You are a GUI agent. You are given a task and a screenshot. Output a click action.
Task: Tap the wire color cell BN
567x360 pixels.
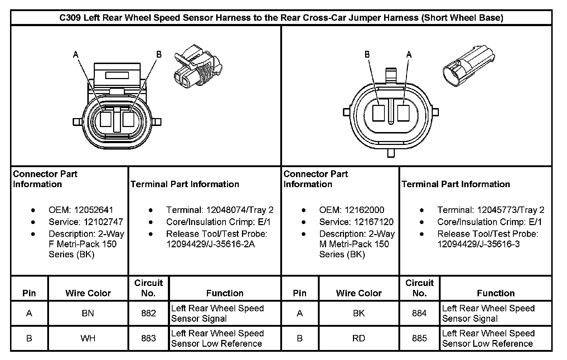(x=88, y=313)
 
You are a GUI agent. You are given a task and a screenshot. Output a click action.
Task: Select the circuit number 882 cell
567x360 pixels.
(x=148, y=313)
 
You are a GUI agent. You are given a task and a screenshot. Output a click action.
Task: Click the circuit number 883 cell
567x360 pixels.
(x=148, y=339)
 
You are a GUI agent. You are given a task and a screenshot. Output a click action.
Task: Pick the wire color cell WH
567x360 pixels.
(x=88, y=339)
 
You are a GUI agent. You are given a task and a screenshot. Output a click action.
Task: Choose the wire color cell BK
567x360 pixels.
(x=359, y=313)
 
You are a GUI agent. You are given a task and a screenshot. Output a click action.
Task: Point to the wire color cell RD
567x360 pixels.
(x=359, y=339)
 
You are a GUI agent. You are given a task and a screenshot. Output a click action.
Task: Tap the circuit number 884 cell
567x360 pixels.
(x=419, y=313)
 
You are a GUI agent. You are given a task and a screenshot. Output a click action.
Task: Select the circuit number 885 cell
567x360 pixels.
(x=419, y=339)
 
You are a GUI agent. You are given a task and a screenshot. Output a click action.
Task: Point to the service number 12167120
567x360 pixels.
(x=374, y=222)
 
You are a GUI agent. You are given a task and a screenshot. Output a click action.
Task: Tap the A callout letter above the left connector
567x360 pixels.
(x=76, y=54)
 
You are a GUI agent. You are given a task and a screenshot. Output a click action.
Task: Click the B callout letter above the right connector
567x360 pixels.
(x=367, y=54)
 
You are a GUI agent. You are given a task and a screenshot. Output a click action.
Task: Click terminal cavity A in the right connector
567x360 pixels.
(x=403, y=113)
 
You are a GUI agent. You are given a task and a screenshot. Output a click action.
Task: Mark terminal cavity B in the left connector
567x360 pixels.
(x=128, y=119)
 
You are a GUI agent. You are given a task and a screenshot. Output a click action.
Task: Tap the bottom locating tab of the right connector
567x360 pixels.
(x=391, y=153)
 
